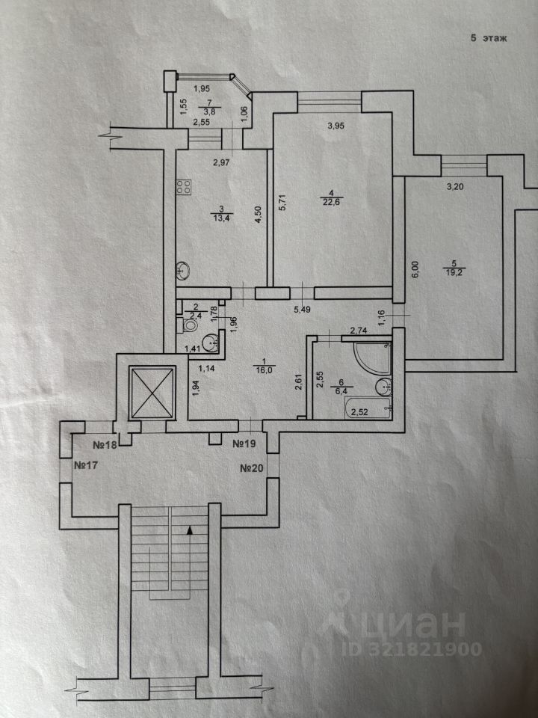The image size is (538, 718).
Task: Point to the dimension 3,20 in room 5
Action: click(x=455, y=188)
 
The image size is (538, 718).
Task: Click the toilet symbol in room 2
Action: click(x=190, y=325)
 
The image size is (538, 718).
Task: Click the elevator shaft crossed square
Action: click(x=151, y=392)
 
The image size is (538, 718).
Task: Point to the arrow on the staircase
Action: click(x=190, y=530)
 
